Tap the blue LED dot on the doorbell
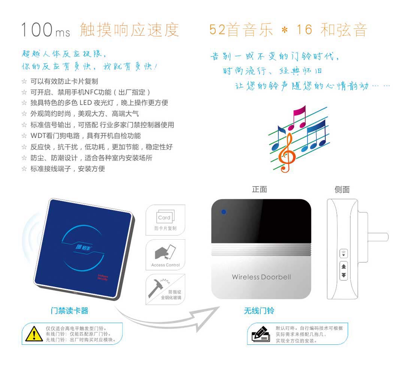point(224,212)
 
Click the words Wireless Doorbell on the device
point(261,277)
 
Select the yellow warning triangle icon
point(34,334)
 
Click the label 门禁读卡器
point(69,310)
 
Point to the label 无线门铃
point(259,310)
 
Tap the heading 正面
point(259,189)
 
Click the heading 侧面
point(342,189)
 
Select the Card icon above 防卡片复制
point(166,217)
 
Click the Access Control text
point(166,265)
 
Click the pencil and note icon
point(261,334)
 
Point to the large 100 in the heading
point(37,29)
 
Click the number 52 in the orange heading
point(217,30)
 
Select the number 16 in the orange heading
point(305,30)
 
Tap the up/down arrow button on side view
point(344,271)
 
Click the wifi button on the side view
point(343,253)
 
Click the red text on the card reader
point(103,277)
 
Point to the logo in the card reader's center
point(83,247)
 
